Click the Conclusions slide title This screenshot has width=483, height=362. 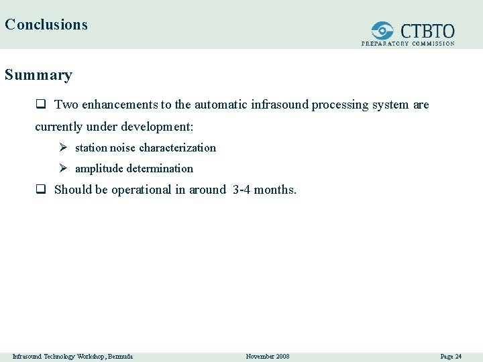tap(46, 25)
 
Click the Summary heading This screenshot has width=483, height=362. tap(38, 74)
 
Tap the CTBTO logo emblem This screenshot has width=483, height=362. tap(383, 31)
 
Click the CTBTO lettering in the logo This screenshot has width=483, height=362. tap(427, 31)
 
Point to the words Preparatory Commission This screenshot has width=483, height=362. tap(408, 44)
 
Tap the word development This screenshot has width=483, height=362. tap(160, 126)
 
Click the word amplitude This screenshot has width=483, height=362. tap(99, 168)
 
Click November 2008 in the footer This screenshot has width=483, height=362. tap(268, 356)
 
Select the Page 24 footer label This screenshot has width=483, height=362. tap(451, 356)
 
